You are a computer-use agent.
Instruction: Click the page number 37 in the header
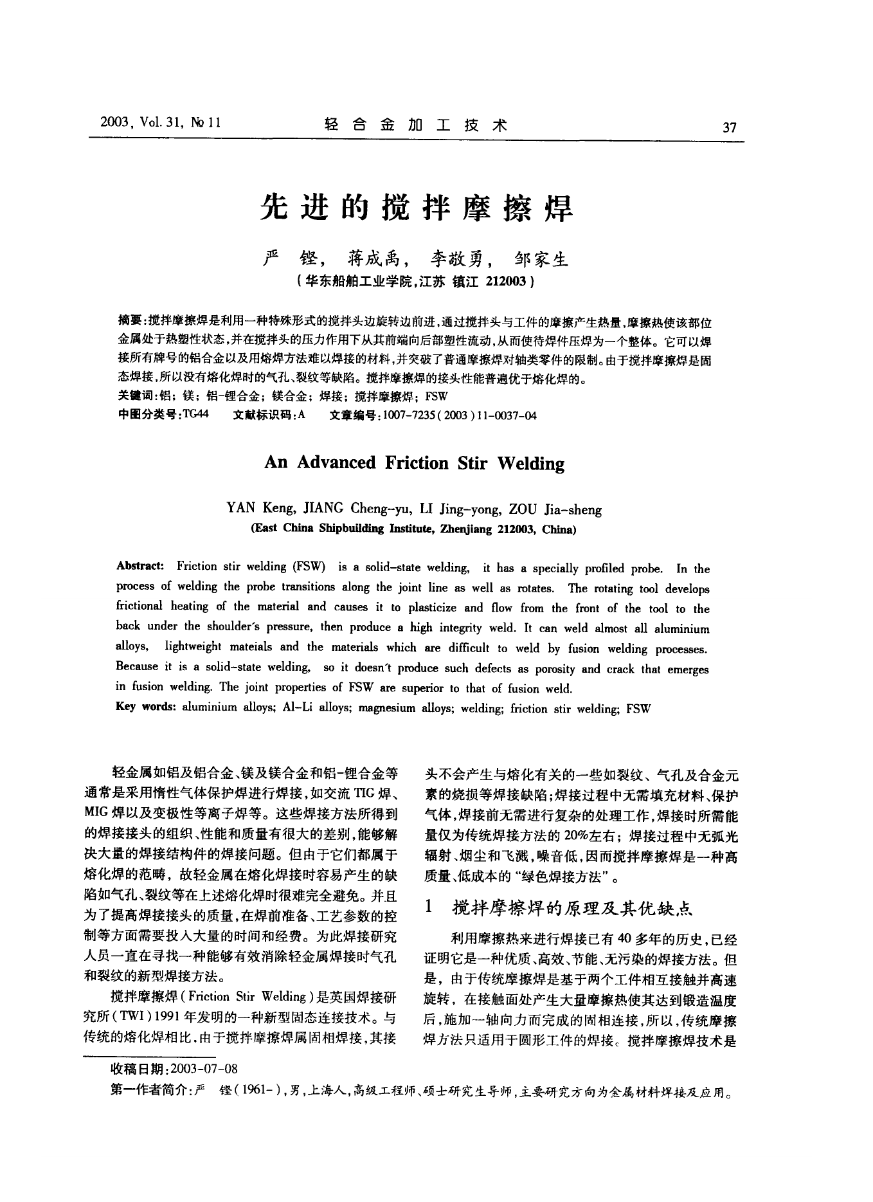729,127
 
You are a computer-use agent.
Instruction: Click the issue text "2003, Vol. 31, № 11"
161,123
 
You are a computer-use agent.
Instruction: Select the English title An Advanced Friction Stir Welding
415,464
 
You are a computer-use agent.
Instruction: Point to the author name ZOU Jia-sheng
555,510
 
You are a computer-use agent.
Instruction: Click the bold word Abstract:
140,566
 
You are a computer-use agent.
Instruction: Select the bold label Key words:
146,707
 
